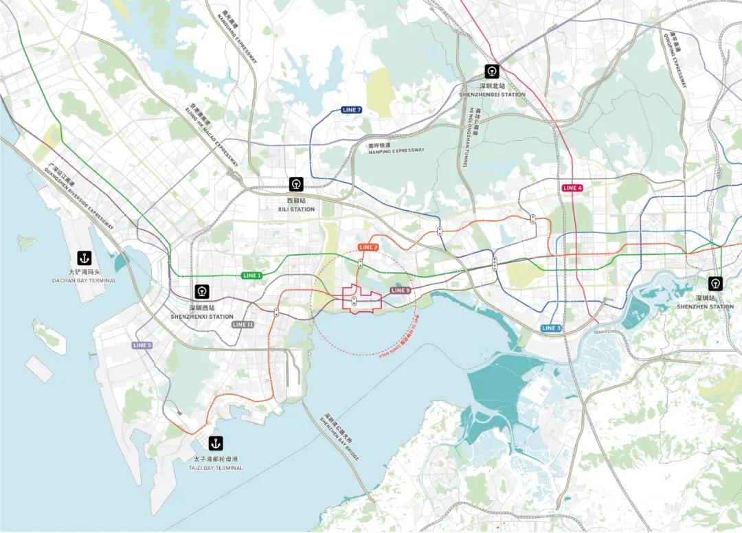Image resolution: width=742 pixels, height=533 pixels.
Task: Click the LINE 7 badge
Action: (351, 110)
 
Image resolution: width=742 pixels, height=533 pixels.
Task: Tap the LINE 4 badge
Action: (572, 188)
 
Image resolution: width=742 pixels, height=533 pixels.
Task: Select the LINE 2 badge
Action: (368, 247)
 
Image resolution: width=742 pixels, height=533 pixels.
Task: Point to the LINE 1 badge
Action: (251, 275)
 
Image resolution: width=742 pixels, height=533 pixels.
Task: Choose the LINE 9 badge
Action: (400, 291)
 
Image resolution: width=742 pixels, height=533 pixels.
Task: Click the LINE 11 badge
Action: (243, 324)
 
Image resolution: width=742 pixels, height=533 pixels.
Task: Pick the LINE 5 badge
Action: (142, 345)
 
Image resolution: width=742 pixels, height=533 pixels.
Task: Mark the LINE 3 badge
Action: (551, 328)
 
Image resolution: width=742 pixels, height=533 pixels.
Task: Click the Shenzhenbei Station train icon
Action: (492, 71)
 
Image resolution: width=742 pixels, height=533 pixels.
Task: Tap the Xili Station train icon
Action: (296, 184)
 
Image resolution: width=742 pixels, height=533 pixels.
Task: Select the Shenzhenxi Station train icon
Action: (202, 292)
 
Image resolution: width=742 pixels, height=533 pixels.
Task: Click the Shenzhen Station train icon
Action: (716, 282)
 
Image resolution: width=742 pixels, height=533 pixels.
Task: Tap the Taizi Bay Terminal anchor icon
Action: (216, 443)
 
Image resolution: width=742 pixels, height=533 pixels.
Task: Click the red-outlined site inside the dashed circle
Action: (361, 300)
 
